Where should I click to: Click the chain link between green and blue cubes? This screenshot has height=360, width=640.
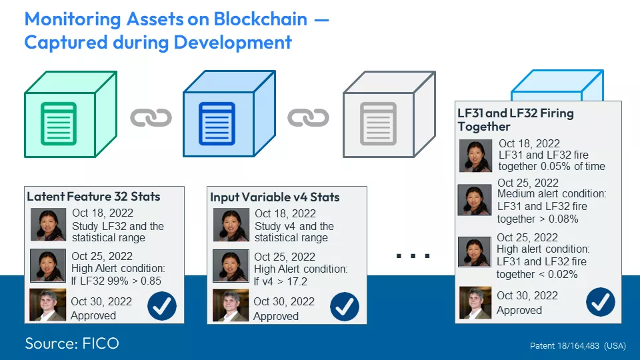(x=151, y=118)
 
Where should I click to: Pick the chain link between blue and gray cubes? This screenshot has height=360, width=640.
(x=308, y=118)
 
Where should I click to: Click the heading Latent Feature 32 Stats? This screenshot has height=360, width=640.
(x=93, y=197)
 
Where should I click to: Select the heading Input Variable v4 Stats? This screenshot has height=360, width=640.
(x=275, y=197)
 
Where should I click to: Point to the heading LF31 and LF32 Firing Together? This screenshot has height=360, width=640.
(x=515, y=119)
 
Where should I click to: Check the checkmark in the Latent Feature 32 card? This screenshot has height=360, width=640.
(x=161, y=306)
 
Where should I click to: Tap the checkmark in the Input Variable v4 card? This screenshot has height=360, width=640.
(x=344, y=307)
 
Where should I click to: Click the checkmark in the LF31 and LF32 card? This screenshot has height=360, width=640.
(x=600, y=302)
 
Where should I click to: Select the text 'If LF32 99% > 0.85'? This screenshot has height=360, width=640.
(x=116, y=281)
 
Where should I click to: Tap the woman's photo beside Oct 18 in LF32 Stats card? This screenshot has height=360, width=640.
(x=49, y=224)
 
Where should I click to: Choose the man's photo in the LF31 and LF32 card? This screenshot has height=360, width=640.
(x=475, y=303)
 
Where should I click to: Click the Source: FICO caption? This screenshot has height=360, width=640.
(x=72, y=343)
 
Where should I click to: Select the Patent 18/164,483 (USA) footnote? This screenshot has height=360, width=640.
(x=577, y=346)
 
